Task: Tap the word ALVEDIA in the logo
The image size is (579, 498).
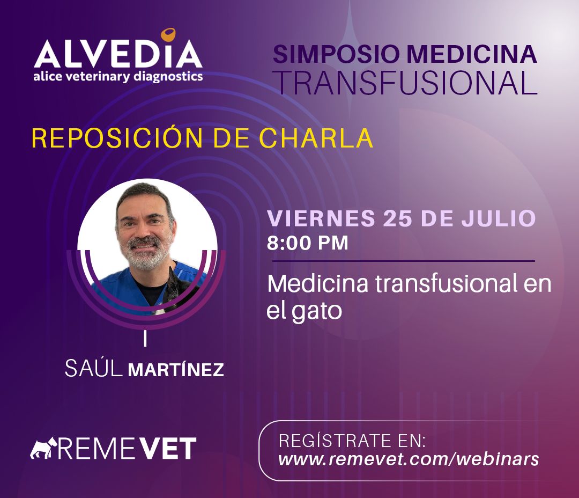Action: [x=118, y=54]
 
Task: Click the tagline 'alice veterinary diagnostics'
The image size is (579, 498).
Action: [x=118, y=77]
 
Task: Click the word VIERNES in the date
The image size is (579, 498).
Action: [x=321, y=218]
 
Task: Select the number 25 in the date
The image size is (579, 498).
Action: [x=398, y=218]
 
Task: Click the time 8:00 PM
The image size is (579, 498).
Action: [x=308, y=243]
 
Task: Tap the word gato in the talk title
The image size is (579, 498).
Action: [x=316, y=311]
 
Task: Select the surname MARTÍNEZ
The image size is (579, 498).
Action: [x=176, y=370]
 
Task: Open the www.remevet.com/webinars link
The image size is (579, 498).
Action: [x=409, y=459]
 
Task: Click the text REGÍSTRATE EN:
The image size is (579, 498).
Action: [x=352, y=441]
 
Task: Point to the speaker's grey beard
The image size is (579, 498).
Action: [x=146, y=257]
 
